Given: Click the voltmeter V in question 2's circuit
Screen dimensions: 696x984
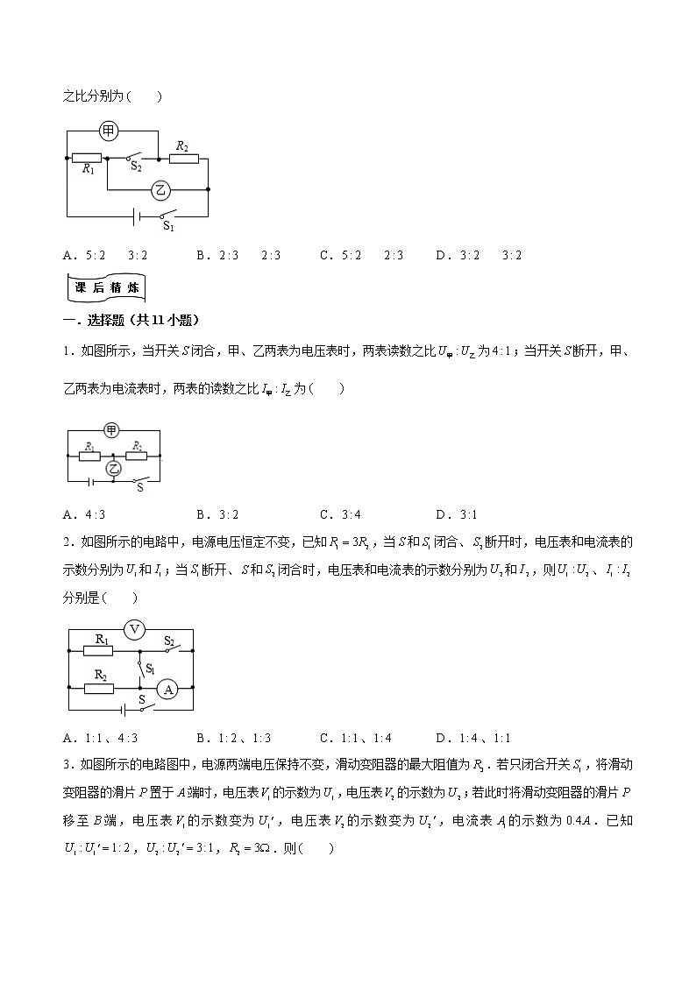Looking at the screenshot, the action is click(x=134, y=628).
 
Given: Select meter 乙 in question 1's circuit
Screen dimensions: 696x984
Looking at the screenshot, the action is click(x=113, y=469).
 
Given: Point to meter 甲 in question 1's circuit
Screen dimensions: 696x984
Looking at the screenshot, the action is click(x=111, y=430).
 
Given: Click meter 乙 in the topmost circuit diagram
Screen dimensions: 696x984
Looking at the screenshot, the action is click(x=159, y=188).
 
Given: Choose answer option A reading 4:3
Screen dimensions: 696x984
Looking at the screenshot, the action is click(x=84, y=514).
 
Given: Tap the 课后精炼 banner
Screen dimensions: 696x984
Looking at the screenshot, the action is click(x=105, y=287).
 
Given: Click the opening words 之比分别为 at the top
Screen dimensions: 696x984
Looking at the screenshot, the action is click(x=96, y=96).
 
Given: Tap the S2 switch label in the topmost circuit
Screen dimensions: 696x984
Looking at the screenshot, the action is click(x=136, y=166).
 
